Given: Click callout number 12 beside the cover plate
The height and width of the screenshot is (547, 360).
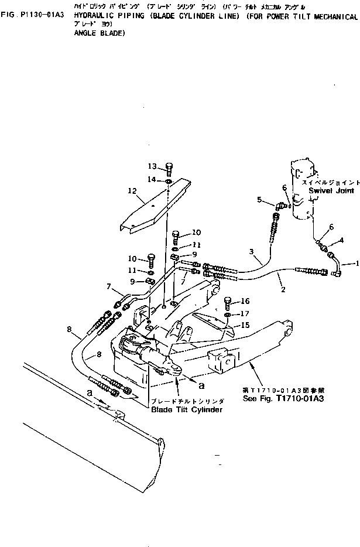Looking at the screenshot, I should coord(132,190).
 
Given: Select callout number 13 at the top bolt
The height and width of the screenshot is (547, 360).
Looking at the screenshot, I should coord(152,166).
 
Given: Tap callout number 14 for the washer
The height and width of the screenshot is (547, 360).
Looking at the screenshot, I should coord(152,179).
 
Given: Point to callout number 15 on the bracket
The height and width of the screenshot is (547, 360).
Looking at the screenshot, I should coord(246,325).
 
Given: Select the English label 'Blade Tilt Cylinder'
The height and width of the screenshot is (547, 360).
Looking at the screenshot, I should coord(187,410).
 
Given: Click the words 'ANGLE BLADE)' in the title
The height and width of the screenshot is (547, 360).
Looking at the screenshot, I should coord(100,34).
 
